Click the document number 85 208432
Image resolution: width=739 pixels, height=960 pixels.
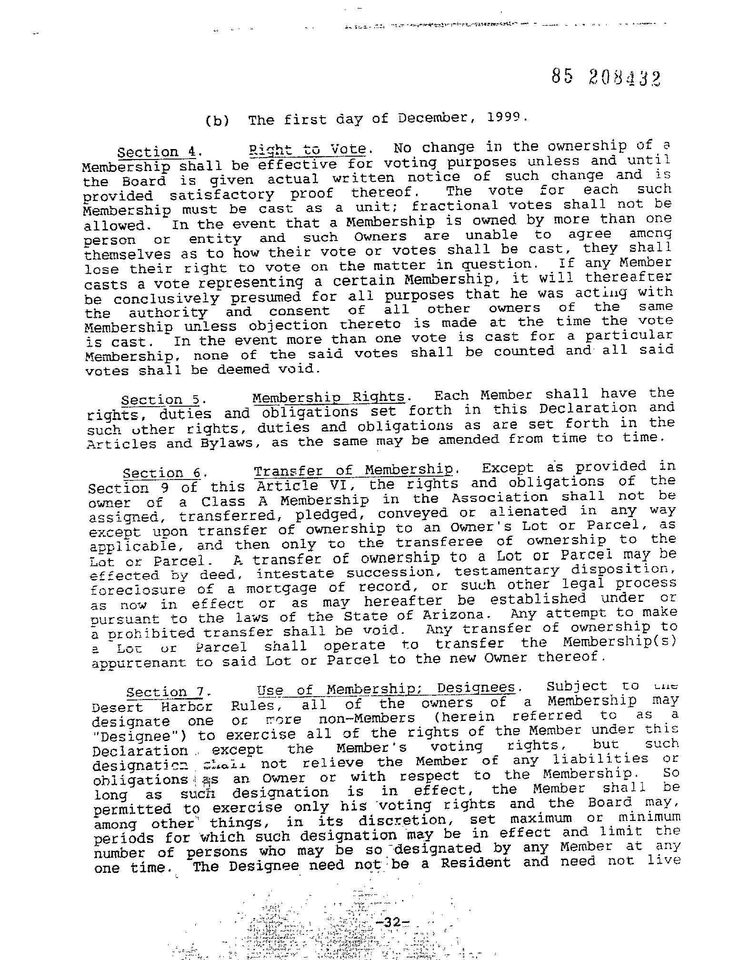tap(606, 76)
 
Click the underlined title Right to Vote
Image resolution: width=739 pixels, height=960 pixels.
tap(308, 150)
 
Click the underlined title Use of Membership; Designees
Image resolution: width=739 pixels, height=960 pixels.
tap(386, 689)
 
